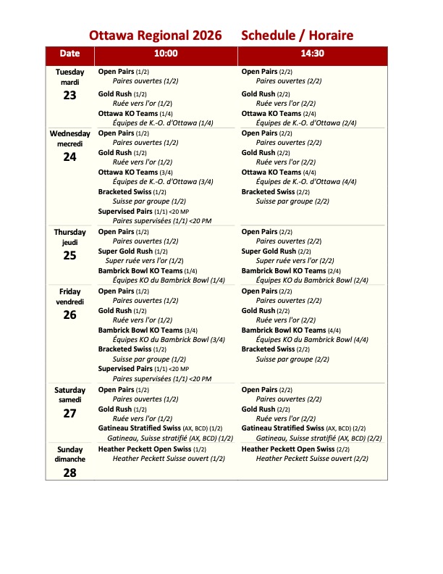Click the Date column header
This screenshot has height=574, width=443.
69,54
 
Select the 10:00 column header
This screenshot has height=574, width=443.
166,54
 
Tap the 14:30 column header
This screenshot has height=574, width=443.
313,54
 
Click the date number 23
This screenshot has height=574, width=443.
69,95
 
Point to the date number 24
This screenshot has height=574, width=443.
69,157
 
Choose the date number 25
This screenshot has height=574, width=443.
69,255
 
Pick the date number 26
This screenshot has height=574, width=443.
69,315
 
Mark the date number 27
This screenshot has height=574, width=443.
69,414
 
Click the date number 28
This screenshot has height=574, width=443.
69,473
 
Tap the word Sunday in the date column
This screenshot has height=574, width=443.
69,449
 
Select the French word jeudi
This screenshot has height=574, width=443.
69,242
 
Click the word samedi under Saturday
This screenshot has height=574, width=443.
69,400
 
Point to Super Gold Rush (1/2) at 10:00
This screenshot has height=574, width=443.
132,251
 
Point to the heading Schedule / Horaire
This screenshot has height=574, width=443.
297,35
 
